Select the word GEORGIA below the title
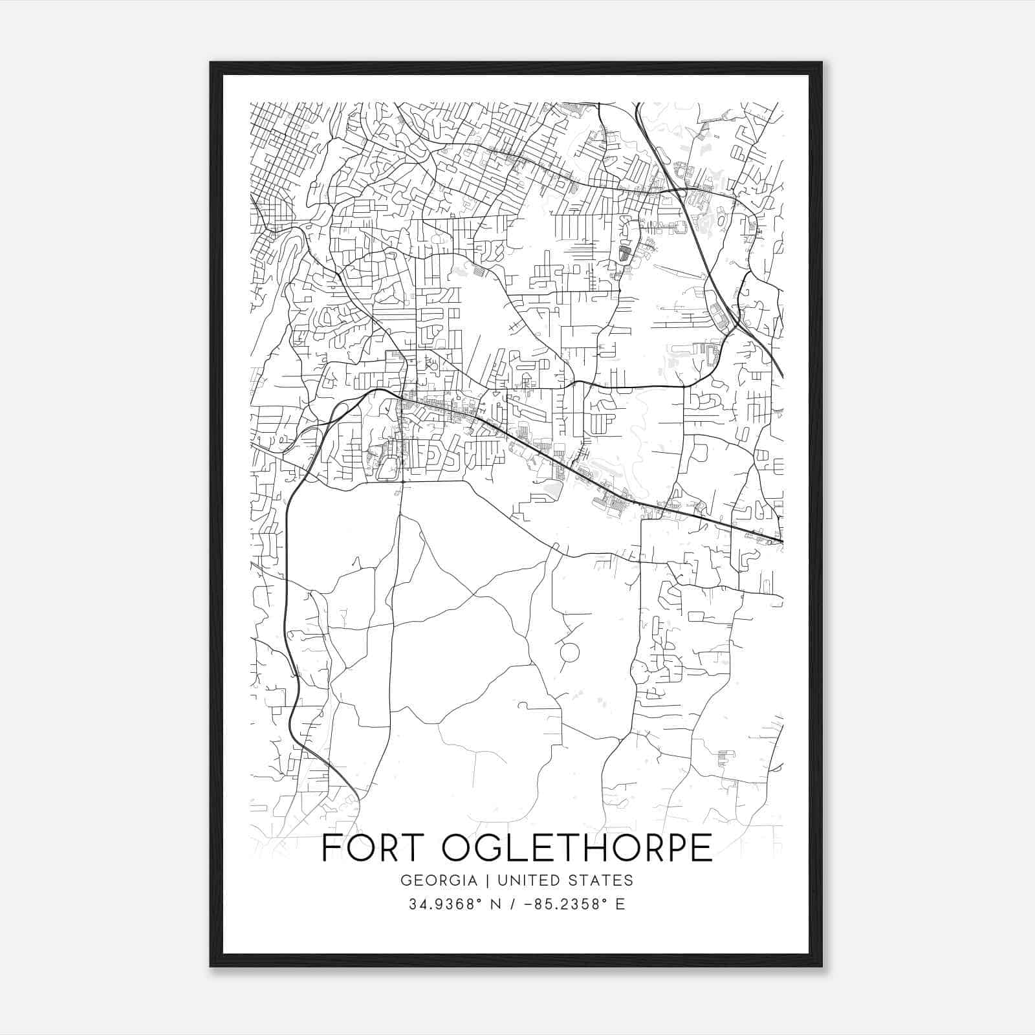(439, 880)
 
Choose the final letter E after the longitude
(620, 904)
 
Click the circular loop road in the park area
(569, 653)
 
